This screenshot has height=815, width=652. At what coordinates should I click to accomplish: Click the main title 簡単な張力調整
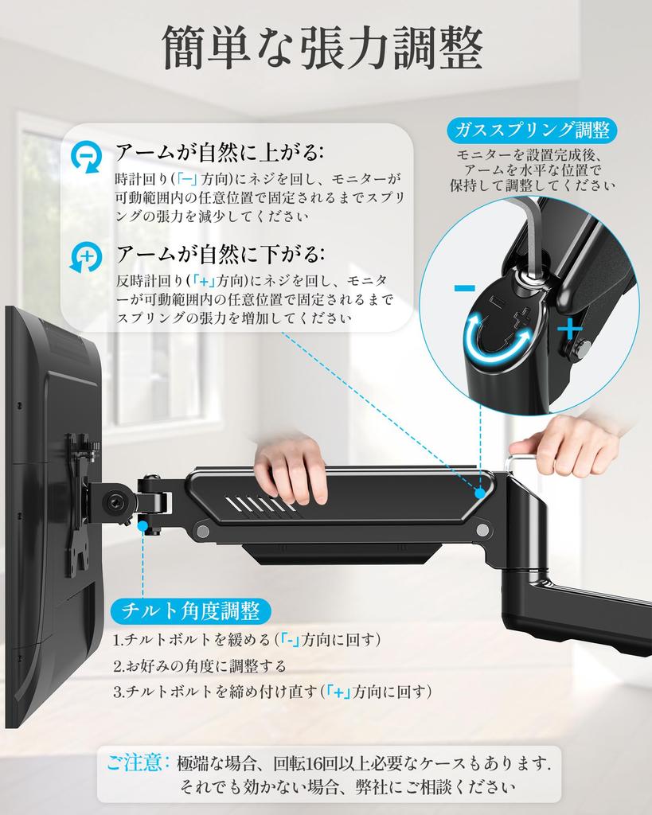[323, 47]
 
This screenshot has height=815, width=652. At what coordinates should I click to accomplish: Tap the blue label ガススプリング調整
[532, 130]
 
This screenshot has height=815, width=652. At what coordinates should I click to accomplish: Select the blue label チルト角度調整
[190, 610]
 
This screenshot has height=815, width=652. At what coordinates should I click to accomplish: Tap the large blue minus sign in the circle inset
[464, 288]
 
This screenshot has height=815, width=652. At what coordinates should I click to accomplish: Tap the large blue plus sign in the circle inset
[570, 329]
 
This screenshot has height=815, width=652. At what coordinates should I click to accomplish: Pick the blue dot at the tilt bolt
[143, 526]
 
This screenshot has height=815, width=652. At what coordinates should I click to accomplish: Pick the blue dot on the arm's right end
[480, 491]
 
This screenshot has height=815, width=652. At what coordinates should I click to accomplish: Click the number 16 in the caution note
[314, 763]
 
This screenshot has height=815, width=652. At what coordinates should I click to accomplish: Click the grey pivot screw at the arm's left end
[203, 531]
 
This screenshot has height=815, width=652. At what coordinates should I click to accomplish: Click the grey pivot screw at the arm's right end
[482, 530]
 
